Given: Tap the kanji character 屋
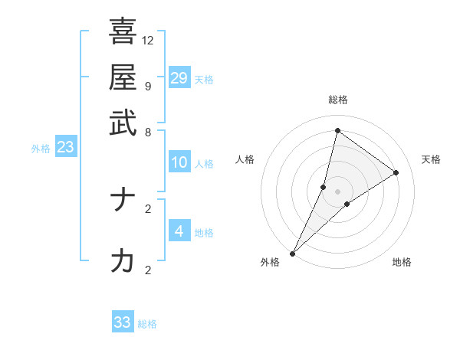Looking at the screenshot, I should click(123, 77).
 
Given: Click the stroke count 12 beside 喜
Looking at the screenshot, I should click(148, 40).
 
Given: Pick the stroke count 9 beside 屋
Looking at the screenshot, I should click(147, 86).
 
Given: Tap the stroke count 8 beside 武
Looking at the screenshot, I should click(147, 132).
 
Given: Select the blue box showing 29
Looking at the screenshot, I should click(179, 77).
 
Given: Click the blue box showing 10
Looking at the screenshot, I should click(179, 162).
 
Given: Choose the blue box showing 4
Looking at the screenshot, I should click(179, 231).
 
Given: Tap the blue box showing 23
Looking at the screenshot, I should click(65, 148).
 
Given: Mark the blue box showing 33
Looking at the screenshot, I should click(123, 322).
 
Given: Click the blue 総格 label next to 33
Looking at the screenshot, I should click(147, 324).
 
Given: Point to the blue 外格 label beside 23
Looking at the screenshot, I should click(41, 149).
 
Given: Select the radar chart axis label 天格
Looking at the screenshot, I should click(431, 159).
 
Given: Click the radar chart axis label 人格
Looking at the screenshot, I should click(245, 159).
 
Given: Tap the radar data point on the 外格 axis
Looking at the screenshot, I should click(292, 253).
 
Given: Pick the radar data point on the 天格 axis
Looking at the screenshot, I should click(396, 172).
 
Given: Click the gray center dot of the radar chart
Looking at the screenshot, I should click(337, 191).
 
